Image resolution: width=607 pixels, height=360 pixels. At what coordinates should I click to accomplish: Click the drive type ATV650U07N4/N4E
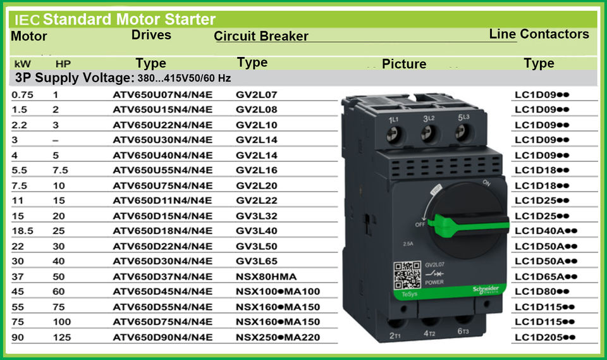[x=162, y=94]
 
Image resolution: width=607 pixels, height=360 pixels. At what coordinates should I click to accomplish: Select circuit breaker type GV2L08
[x=256, y=109]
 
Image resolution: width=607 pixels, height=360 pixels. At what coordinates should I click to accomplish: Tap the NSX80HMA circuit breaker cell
[x=266, y=276]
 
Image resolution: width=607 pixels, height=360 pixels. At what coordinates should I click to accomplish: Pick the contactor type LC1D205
[x=544, y=337]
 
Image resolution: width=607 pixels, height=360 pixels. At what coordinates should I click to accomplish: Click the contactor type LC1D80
[x=542, y=292]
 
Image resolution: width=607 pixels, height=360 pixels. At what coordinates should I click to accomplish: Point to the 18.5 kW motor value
[x=23, y=231]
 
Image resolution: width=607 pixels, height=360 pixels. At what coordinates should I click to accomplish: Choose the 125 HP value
[x=62, y=337]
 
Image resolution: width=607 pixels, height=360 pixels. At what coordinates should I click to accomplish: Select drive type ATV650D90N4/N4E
[x=162, y=337]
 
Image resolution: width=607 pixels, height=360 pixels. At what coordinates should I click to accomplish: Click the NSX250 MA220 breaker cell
[x=278, y=337]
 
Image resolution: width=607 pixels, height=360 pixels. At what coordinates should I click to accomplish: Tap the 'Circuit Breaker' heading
[x=261, y=36]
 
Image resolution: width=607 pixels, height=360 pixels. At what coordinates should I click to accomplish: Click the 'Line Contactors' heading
[x=539, y=34]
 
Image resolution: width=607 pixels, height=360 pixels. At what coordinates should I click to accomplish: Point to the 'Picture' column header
[x=404, y=64]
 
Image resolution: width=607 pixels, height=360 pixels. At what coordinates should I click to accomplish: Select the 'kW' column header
[x=23, y=64]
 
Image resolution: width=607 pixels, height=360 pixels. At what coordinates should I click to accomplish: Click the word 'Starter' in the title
[x=190, y=19]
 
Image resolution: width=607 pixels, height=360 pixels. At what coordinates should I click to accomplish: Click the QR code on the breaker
[x=407, y=275]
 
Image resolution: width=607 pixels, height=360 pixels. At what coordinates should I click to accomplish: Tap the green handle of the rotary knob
[x=469, y=225]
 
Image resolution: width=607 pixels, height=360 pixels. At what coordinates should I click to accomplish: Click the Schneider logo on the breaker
[x=486, y=290]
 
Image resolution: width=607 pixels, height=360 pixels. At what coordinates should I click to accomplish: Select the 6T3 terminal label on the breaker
[x=463, y=332]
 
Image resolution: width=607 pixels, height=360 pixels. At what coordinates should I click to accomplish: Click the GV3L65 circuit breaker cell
[x=256, y=261]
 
